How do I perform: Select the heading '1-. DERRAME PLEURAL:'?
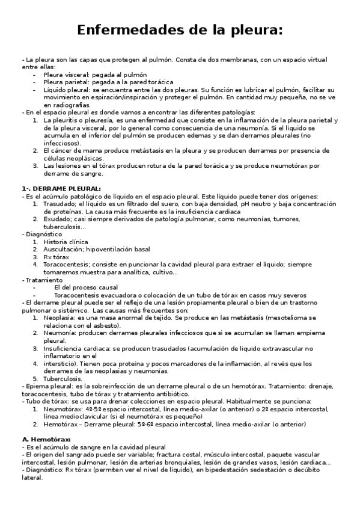[61, 189]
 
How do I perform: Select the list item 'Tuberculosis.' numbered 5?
[63, 378]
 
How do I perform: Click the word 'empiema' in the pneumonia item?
[320, 333]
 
